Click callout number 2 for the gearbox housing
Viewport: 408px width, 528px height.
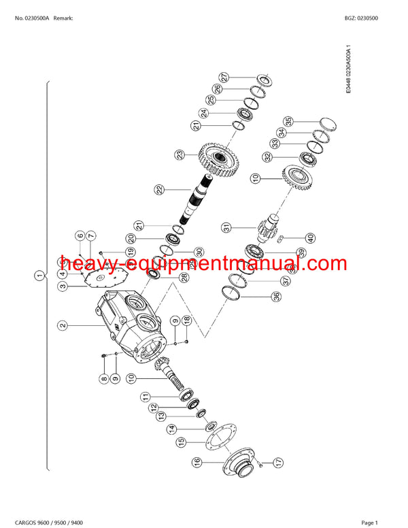point(63,325)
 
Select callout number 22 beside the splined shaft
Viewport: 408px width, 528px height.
point(158,190)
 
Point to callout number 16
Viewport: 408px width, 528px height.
point(197,462)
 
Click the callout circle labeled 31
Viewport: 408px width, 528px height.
point(226,227)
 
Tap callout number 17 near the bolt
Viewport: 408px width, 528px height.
point(278,463)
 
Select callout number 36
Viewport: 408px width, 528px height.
point(256,296)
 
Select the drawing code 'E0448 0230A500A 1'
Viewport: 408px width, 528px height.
point(348,70)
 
